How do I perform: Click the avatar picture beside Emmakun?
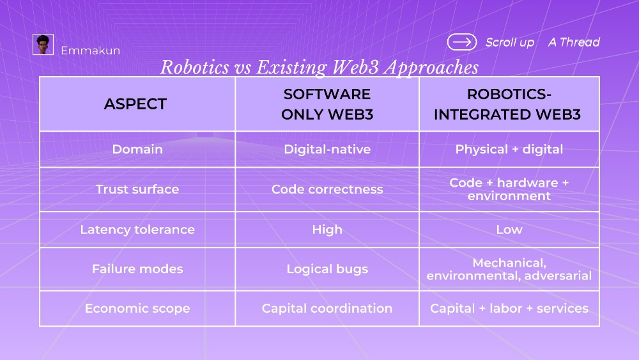43,44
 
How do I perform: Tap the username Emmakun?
91,51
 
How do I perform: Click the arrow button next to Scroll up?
462,42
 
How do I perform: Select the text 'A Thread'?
574,42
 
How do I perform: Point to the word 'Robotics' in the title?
195,67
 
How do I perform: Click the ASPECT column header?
135,104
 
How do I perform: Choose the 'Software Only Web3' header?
327,104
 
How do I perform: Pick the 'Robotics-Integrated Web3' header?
508,104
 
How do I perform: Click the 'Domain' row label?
137,149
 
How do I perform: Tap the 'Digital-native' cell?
327,149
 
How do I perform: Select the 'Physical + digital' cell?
509,149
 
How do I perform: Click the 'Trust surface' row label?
137,189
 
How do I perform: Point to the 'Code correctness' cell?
327,189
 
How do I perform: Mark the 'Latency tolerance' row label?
137,230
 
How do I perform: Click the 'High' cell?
327,230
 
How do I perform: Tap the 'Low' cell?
509,230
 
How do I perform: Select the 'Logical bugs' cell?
327,269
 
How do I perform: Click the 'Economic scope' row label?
137,309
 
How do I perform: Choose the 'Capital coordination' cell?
327,309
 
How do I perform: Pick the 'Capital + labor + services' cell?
509,309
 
